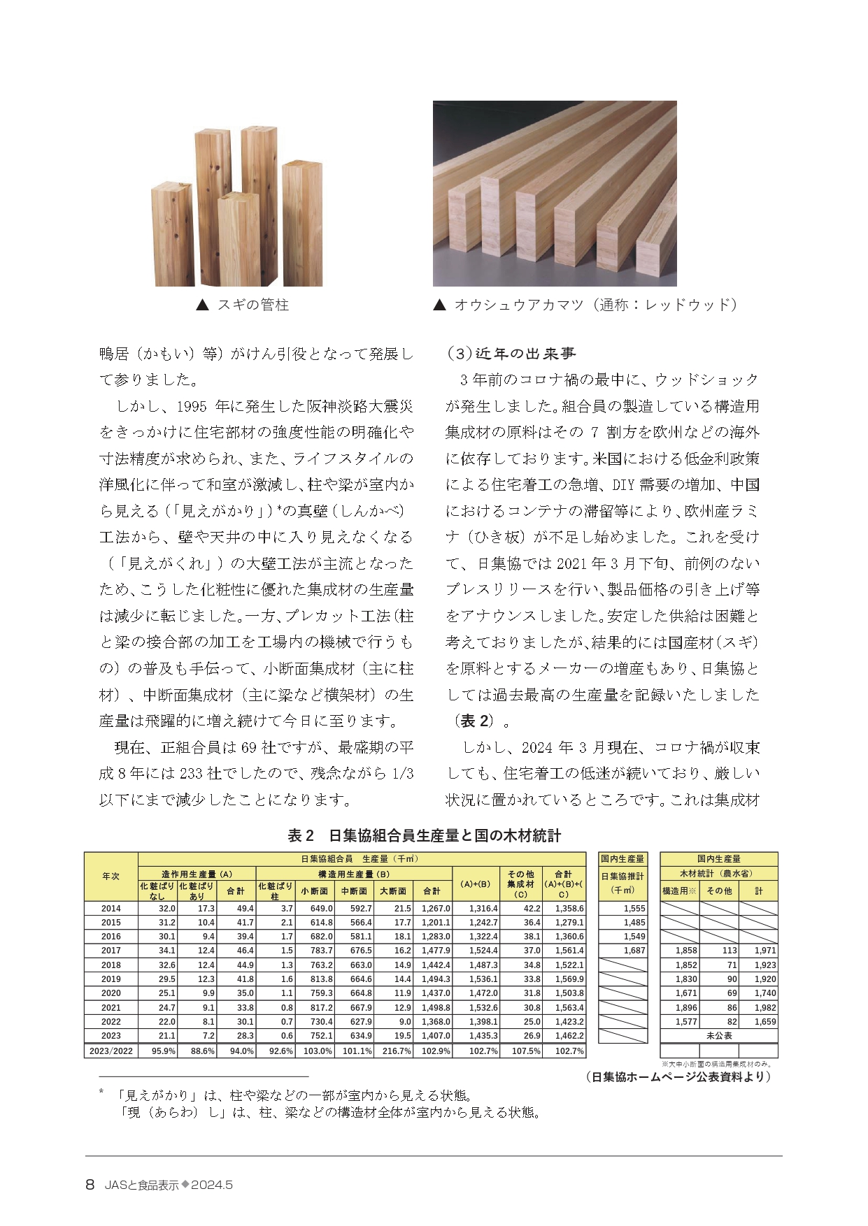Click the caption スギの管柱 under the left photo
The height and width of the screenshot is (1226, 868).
(243, 305)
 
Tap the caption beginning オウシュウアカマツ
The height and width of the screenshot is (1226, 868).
(586, 305)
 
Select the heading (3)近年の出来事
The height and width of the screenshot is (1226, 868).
(511, 354)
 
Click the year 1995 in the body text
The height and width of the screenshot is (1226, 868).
(191, 406)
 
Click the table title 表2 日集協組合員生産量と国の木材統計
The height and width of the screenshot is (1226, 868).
(425, 835)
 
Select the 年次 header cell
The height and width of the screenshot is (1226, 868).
(111, 877)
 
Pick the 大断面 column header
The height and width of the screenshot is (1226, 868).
(393, 891)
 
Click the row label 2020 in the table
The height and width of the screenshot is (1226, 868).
(111, 993)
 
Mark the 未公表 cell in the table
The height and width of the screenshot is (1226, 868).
(718, 1036)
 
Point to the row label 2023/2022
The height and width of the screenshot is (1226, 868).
(111, 1051)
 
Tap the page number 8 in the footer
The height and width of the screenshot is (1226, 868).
(90, 1185)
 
